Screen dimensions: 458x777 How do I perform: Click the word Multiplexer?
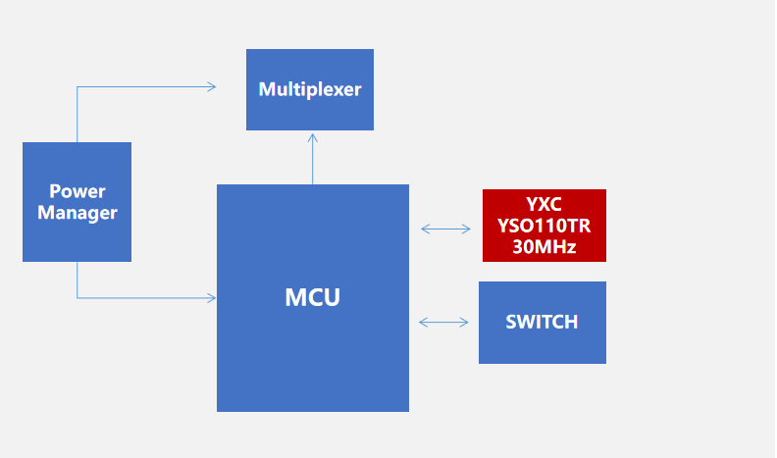(x=309, y=89)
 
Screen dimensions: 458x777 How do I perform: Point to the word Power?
(x=77, y=190)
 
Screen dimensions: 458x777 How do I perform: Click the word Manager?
(x=77, y=212)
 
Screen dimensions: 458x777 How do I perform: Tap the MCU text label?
(x=312, y=297)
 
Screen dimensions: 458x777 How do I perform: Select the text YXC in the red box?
(x=544, y=205)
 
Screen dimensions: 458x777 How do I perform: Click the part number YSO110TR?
(x=544, y=226)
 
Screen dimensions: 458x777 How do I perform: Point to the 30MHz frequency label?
(x=544, y=247)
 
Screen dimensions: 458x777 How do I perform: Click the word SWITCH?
(x=542, y=322)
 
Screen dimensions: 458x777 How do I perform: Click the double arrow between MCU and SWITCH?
(x=443, y=322)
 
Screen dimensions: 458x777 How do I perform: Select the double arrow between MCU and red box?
(x=445, y=229)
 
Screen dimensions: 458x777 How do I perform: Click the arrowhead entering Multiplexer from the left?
(x=211, y=86)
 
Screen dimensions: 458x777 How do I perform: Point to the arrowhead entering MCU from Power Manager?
(x=211, y=297)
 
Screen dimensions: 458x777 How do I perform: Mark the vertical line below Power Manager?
(x=78, y=280)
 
